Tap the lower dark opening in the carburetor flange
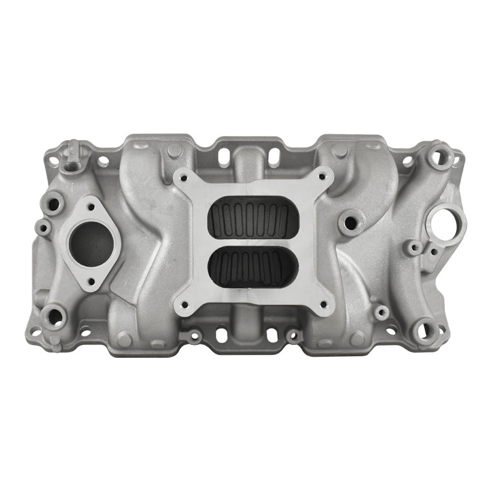252,267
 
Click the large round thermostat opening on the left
90,241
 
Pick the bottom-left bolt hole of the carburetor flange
183,304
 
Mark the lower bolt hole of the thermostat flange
89,280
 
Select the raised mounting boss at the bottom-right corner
424,331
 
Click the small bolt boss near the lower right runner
381,312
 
